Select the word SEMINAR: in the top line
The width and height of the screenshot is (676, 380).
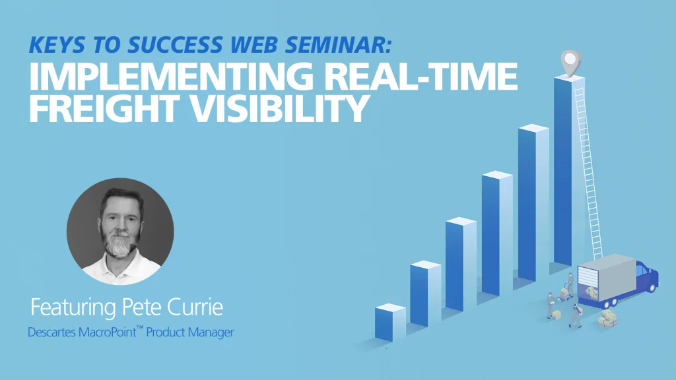(x=338, y=45)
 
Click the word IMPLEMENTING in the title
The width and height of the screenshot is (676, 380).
(x=171, y=76)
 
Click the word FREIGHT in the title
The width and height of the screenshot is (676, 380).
(x=104, y=108)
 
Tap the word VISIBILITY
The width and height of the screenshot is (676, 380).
(x=279, y=108)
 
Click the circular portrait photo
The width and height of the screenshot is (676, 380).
(x=120, y=232)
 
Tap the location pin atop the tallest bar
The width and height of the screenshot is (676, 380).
(x=571, y=63)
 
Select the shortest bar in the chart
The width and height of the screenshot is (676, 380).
(x=390, y=322)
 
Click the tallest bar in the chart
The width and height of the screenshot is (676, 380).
(x=568, y=170)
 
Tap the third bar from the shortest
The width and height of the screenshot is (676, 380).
(x=461, y=264)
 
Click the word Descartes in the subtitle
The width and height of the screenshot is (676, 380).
(x=51, y=332)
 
